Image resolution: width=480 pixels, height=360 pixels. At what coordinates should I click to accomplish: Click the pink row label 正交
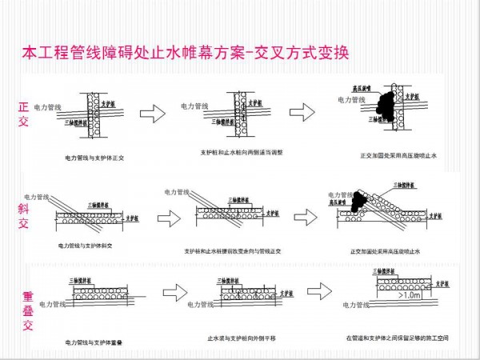click(x=23, y=114)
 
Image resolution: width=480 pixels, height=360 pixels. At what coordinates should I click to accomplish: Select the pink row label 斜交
click(x=23, y=206)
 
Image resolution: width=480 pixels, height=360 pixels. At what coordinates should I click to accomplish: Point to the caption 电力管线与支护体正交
click(x=94, y=158)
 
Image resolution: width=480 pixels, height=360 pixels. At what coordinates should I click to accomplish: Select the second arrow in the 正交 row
click(x=302, y=111)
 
